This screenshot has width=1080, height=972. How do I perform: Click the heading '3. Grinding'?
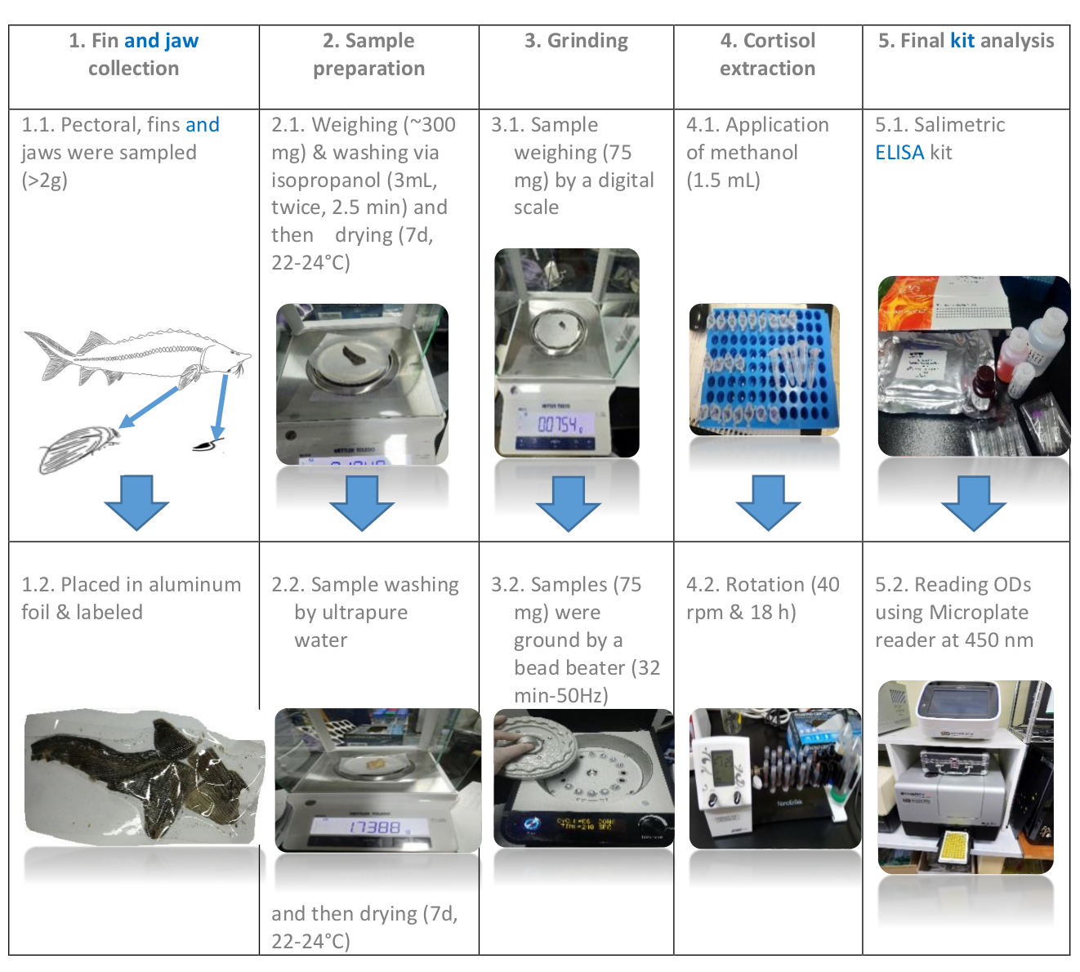coord(576,41)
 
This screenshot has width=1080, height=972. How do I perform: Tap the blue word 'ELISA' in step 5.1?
coord(899,153)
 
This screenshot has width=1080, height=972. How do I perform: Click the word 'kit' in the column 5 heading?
coord(962,41)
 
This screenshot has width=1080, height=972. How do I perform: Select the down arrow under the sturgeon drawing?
coord(136,502)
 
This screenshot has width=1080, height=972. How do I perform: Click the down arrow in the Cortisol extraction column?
coord(768,502)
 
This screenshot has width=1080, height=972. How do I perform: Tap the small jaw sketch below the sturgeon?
coord(208,444)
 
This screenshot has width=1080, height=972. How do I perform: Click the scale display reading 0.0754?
coord(560,424)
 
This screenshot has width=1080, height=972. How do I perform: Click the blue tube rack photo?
coord(764,369)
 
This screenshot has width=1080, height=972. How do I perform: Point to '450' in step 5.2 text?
coord(979,640)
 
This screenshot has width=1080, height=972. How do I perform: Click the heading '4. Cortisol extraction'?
coord(767,54)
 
